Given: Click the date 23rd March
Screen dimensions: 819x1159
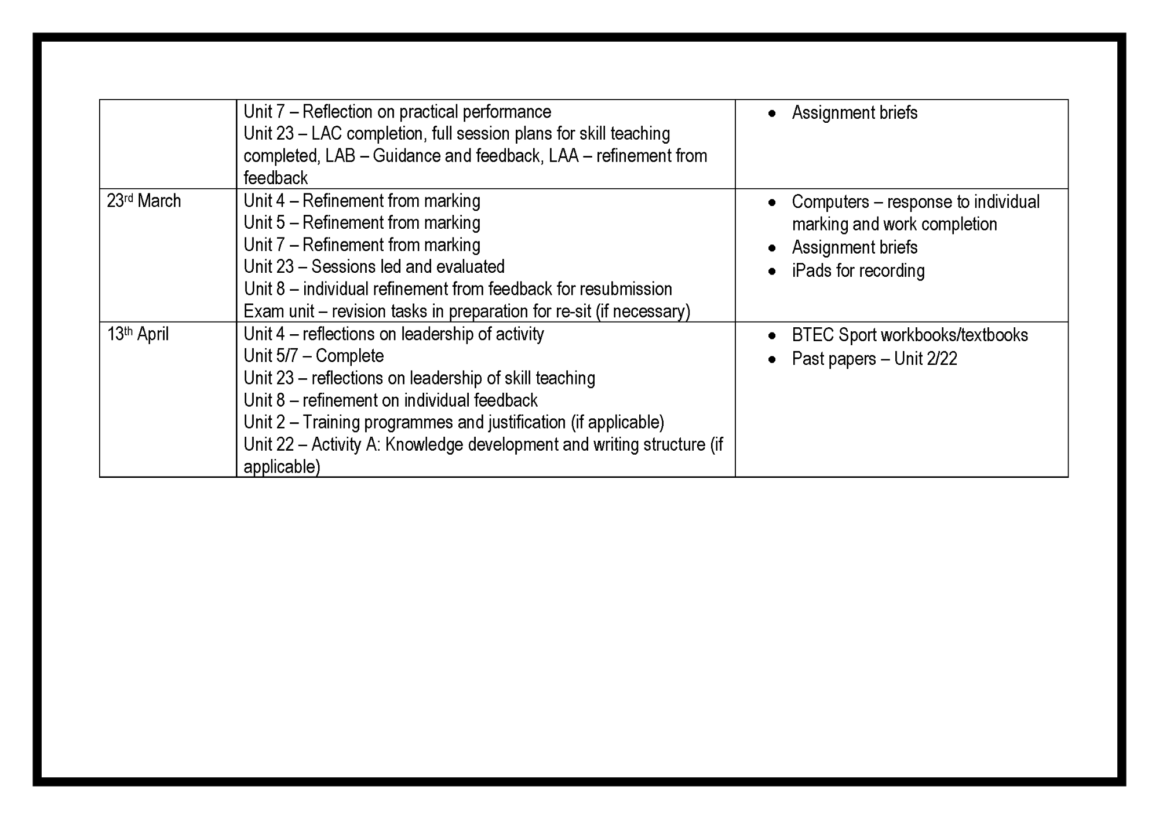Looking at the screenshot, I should tap(144, 201).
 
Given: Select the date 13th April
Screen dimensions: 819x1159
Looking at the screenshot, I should tap(138, 334).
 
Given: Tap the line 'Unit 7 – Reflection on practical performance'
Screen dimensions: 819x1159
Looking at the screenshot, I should tap(397, 112).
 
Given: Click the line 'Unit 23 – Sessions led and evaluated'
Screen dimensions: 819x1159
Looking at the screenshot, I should tap(374, 266).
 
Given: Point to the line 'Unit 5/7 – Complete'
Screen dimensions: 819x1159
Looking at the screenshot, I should tap(314, 356).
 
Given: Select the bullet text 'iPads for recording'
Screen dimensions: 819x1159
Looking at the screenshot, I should tap(858, 271).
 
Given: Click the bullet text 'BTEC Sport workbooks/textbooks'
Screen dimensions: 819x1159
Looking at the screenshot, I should tap(910, 335).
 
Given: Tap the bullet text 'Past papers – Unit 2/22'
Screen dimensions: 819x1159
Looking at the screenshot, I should tap(874, 359).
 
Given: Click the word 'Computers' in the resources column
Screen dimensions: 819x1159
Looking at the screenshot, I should tap(830, 202).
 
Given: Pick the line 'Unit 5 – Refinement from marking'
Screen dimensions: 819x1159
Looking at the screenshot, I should tap(362, 223).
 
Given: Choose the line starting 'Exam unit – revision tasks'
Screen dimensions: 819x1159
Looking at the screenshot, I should tap(466, 312).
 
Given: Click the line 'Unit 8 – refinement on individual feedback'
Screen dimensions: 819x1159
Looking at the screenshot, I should tap(391, 400).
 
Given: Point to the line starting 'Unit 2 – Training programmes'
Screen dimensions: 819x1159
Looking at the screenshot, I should tap(454, 422).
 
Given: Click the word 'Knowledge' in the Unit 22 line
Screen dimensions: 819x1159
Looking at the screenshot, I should tap(424, 445).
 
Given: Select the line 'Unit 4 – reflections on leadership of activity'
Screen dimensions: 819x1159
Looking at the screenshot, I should tap(393, 334).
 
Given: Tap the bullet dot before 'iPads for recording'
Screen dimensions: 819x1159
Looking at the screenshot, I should tap(772, 271).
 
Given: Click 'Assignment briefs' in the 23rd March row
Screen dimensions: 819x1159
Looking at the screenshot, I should tap(854, 248).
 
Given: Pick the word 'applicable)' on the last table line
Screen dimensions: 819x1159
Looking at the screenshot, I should tap(282, 467).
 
